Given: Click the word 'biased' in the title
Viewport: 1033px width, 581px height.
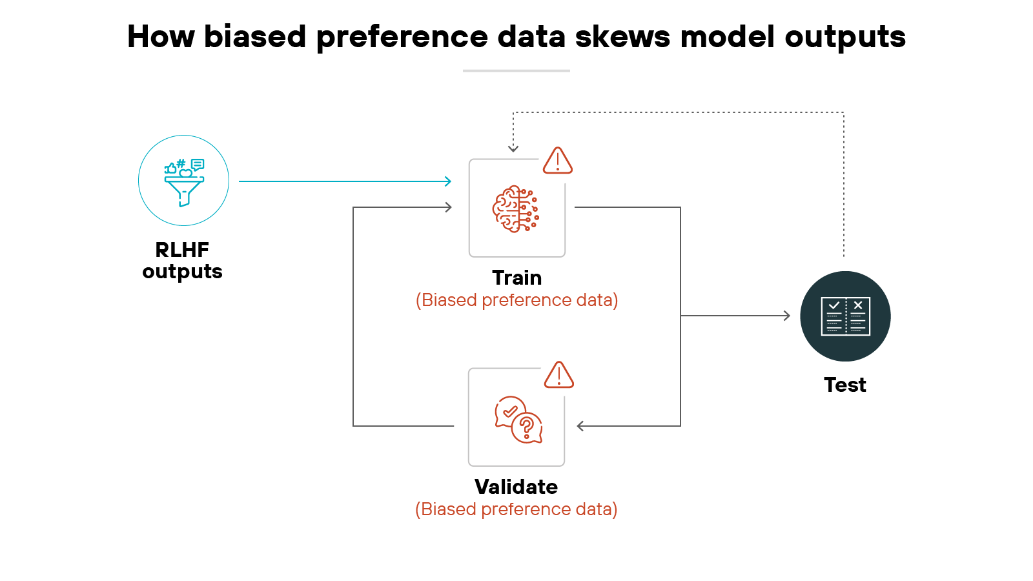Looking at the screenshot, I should coord(254,36).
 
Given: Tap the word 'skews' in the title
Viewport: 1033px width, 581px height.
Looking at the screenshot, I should coord(622,36).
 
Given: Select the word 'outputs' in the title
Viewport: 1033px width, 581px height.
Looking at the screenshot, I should coord(844,37).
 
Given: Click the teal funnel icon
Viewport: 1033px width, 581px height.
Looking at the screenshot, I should coord(184,183).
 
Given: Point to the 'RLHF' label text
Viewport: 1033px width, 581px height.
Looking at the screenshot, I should coord(182,249).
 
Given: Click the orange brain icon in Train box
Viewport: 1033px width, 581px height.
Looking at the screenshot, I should coord(516,209).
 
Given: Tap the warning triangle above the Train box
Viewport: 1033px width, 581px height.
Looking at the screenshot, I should coord(557,161).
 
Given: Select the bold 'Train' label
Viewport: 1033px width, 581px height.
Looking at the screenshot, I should coord(516,278).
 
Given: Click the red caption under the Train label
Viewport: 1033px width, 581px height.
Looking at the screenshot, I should coord(516,300).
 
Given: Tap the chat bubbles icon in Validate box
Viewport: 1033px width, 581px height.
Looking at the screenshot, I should coord(518,420).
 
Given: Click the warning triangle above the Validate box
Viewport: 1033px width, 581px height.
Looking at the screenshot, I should coord(558,375).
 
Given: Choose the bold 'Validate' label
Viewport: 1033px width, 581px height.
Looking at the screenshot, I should coord(516,487).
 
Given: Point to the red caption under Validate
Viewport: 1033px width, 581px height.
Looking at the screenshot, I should coord(516,509).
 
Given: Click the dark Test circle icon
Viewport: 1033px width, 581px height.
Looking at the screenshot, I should coord(845,316).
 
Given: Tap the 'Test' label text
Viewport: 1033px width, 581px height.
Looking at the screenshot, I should coord(844,385).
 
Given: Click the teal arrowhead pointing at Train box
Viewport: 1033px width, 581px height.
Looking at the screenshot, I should coord(448,181).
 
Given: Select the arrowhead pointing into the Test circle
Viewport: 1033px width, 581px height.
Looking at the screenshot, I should coord(786,316).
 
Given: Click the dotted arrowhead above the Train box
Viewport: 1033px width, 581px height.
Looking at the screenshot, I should coord(513,149).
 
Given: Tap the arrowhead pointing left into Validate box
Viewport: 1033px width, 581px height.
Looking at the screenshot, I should coord(580,426).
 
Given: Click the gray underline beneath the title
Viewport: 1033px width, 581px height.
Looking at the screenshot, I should coord(516,70).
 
